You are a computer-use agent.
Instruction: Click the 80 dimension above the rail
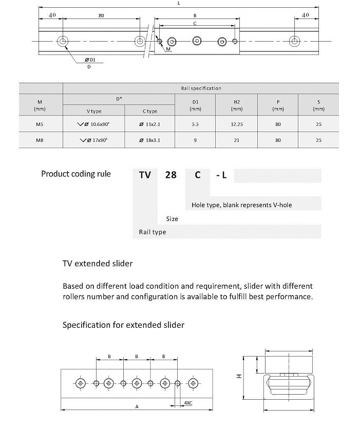[101, 15]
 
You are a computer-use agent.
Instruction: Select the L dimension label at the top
[178, 3]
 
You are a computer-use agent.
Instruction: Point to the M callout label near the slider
[168, 49]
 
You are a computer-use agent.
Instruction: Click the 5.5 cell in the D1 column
[195, 124]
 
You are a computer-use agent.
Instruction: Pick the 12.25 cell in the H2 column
[237, 124]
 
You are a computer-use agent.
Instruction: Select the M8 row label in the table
[40, 140]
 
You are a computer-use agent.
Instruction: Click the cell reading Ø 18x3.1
[150, 140]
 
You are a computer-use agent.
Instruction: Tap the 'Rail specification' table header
[201, 88]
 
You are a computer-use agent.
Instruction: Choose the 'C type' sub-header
[150, 111]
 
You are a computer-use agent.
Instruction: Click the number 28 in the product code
[170, 175]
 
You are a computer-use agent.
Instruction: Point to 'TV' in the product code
[145, 175]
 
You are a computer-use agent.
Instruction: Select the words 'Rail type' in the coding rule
[153, 232]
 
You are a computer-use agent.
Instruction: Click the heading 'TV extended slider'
[98, 264]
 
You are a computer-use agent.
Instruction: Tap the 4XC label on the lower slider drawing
[187, 403]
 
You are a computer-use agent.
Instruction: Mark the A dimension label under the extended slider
[137, 406]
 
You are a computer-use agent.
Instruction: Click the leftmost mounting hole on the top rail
[63, 41]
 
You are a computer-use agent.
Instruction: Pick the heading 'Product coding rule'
[75, 174]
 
